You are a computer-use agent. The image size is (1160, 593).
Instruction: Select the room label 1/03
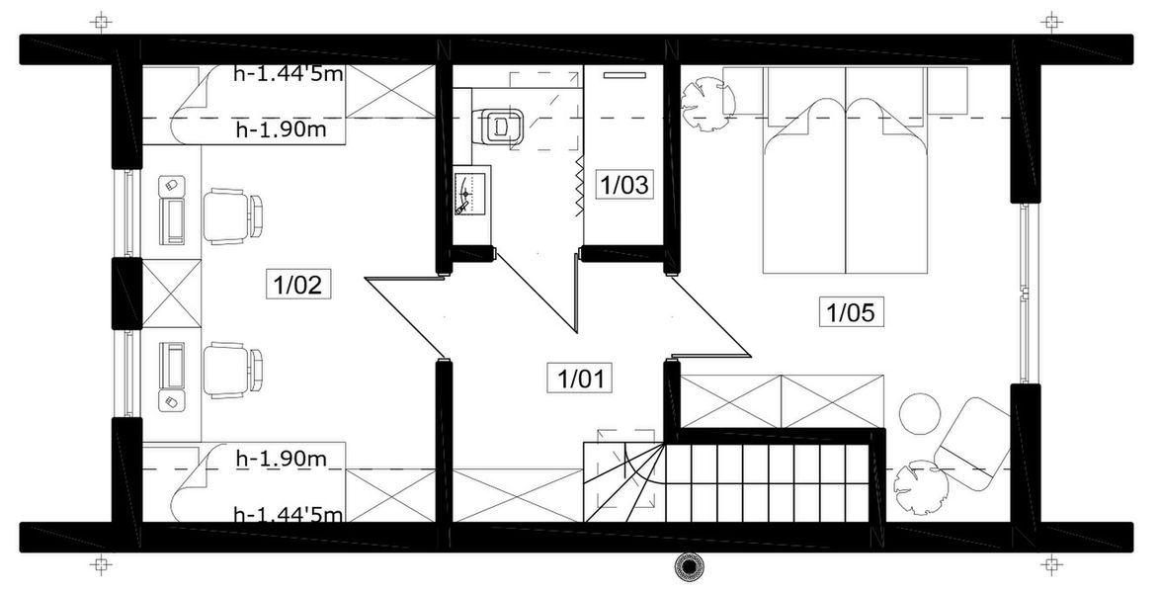coord(624,184)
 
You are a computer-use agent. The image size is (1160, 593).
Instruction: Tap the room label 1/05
coord(850,313)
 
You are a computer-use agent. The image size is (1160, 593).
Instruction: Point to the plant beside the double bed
coord(705,103)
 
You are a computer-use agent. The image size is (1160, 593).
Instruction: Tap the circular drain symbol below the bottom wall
coord(686,566)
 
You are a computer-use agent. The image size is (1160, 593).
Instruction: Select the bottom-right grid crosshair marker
coord(1054,566)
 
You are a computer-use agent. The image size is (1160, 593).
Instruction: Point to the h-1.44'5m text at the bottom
coord(288,514)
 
